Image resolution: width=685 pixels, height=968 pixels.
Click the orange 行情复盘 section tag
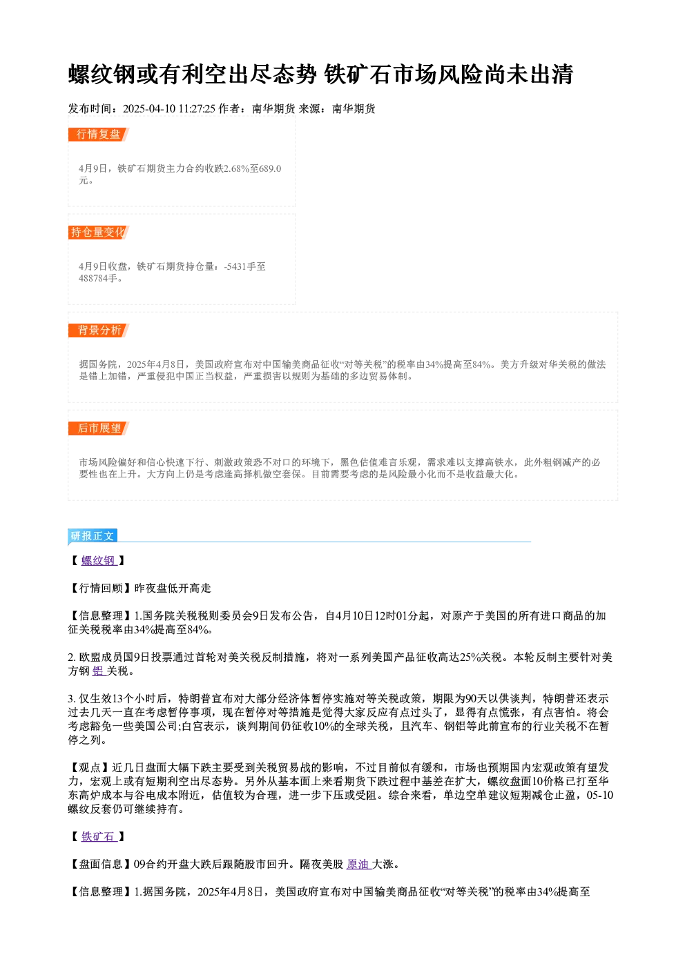click(x=99, y=135)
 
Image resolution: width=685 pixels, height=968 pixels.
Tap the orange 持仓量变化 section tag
click(x=99, y=233)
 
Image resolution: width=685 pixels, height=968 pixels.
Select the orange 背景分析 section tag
click(x=99, y=330)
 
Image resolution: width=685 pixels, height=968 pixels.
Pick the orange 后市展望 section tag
click(x=99, y=428)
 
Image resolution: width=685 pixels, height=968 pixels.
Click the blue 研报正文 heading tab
click(x=93, y=536)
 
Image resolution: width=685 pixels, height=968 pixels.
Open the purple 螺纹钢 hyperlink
click(x=99, y=561)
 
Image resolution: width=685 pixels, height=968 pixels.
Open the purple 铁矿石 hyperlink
click(x=99, y=837)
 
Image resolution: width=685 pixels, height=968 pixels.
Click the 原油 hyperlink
click(x=359, y=865)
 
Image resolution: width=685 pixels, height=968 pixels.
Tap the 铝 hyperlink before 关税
click(x=99, y=671)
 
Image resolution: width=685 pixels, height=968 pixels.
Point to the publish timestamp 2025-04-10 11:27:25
click(x=169, y=109)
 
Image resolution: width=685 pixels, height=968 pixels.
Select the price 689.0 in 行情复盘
click(x=271, y=168)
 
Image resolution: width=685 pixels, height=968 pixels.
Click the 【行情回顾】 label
click(x=101, y=588)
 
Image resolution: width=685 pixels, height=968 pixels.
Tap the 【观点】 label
click(x=90, y=768)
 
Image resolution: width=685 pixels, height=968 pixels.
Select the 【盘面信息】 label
click(x=101, y=865)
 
